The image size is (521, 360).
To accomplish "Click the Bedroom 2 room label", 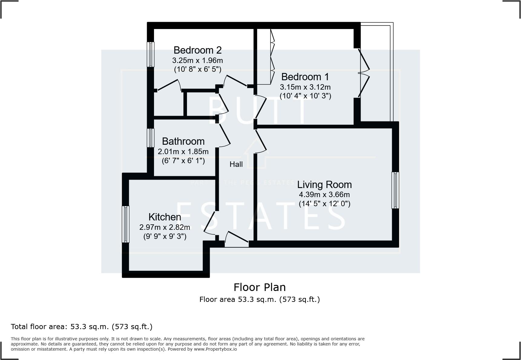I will coord(197,50).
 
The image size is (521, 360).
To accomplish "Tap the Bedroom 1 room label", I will coord(305,77).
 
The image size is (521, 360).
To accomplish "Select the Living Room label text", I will coord(324,184).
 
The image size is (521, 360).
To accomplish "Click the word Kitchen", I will coord(165,217).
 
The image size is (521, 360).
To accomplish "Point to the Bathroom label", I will coord(183,141).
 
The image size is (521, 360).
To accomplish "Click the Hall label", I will coord(236,164).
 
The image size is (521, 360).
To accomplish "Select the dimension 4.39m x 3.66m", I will coord(324,194).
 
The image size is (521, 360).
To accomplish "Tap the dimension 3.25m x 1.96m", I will coord(197,60).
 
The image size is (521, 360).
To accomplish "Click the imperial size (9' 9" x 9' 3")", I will coord(165,236).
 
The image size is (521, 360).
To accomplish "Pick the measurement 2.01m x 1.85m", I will coord(183,151).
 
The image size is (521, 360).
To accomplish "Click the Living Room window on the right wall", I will coord(395,190).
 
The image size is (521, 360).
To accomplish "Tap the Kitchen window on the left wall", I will coord(126,224).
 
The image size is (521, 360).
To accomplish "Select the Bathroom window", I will coord(150,138).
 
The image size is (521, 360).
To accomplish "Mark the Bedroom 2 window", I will coord(150,54).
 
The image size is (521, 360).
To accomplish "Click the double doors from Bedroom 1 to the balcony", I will coord(364,73).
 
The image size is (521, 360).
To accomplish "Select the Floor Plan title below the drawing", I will coord(260,287).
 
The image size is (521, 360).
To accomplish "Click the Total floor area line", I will coord(81,327).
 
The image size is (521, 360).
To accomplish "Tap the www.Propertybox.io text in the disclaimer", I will coord(215,349).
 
